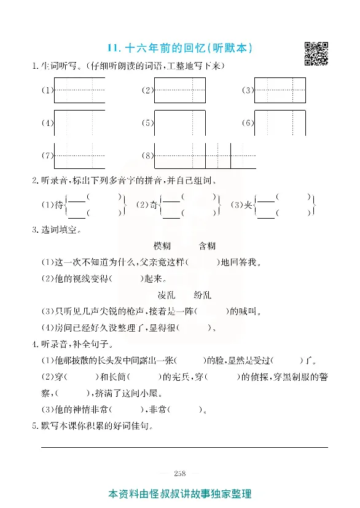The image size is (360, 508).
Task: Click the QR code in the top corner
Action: [x=316, y=53]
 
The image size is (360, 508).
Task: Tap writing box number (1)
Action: [x=79, y=90]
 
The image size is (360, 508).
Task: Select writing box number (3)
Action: [x=280, y=90]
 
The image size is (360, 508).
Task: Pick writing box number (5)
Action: [x=179, y=123]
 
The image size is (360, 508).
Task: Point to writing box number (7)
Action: [x=79, y=156]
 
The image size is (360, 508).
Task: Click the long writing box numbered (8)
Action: [x=205, y=156]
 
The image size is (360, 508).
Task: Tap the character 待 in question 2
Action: [x=59, y=205]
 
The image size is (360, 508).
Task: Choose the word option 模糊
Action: [x=162, y=246]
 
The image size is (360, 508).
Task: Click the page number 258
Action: [x=180, y=473]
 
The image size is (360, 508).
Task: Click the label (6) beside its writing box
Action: [x=247, y=123]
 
